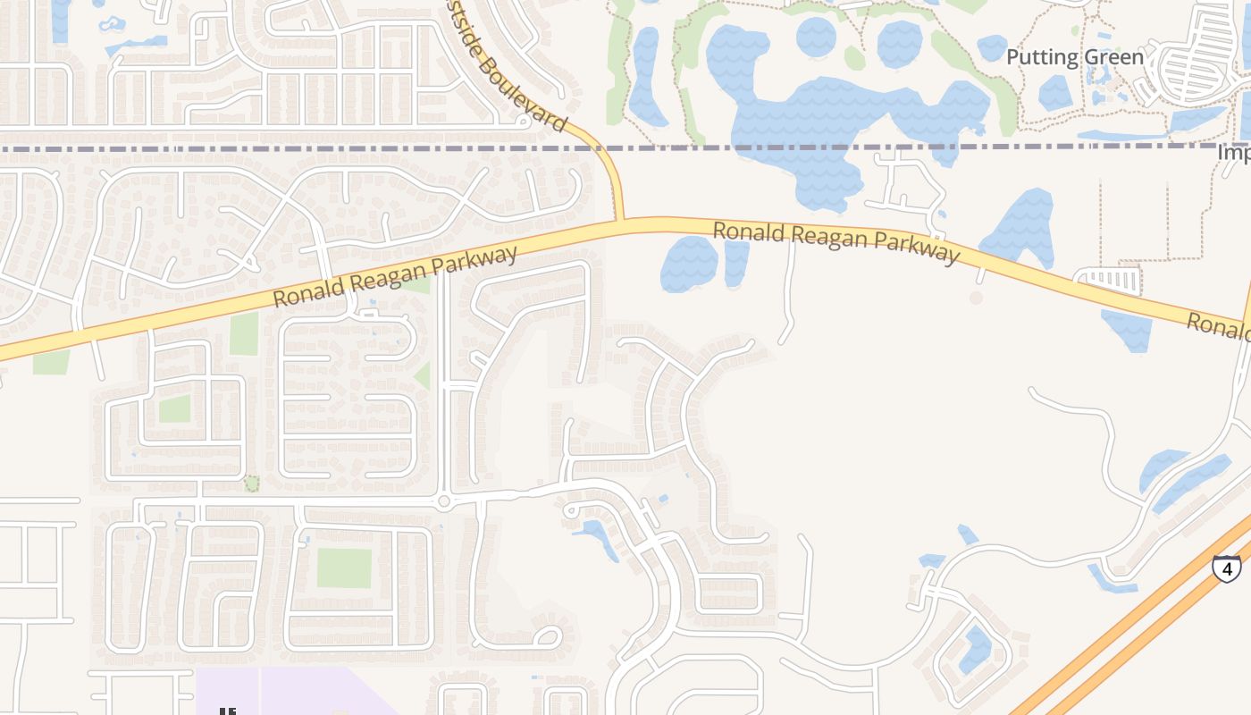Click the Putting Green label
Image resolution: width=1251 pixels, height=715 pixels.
coord(1074,57)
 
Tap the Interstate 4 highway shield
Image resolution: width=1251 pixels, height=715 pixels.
coord(1227,567)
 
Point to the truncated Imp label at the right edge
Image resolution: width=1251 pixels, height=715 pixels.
coord(1233,153)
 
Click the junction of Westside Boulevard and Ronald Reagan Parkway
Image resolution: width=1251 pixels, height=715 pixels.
coord(618,221)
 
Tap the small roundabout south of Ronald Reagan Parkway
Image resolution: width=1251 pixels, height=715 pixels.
coord(444,501)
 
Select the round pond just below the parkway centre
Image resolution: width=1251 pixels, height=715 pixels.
coord(689,263)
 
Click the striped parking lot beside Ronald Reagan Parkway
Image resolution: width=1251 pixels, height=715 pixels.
coord(1109,280)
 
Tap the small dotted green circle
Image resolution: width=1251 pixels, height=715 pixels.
coord(252,484)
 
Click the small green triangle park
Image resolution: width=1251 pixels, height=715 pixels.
coord(423,375)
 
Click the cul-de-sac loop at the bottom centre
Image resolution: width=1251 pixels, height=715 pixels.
coord(547,637)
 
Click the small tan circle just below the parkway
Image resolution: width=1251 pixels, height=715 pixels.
coord(976,297)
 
